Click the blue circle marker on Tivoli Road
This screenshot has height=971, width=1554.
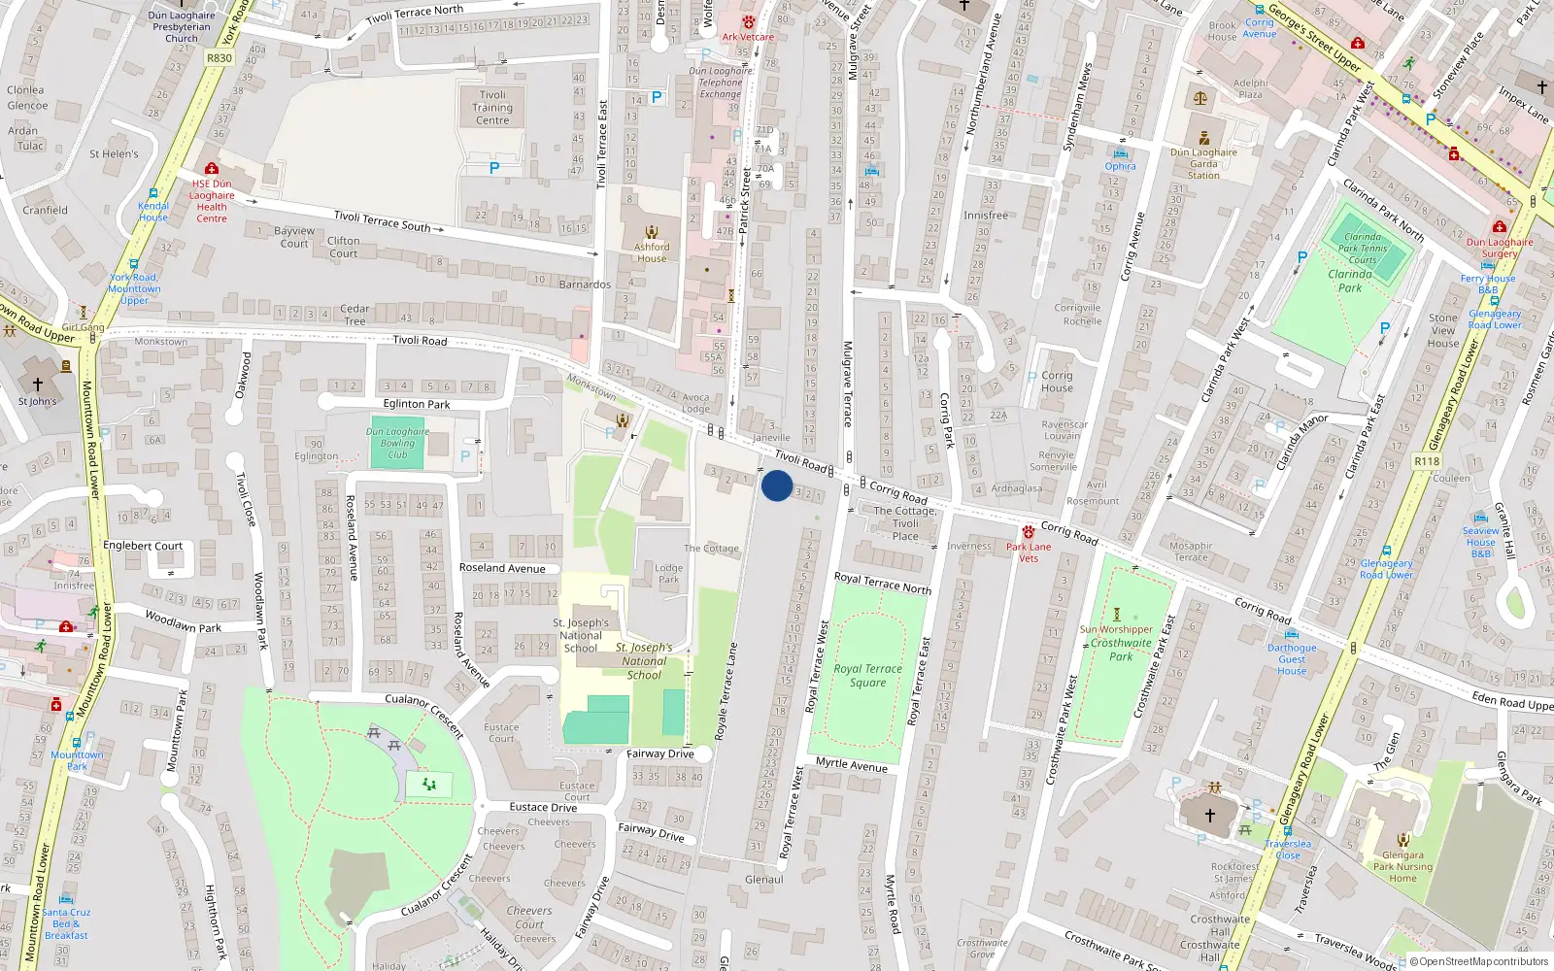coord(777,485)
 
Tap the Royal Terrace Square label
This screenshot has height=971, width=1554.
coord(867,675)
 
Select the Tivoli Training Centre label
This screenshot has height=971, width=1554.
coord(492,108)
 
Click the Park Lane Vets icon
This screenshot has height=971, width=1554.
coord(1028,532)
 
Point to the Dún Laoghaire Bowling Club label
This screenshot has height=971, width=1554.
coord(397,443)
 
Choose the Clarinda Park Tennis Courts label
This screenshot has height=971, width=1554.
coord(1362,248)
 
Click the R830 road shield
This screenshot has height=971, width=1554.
coord(220,58)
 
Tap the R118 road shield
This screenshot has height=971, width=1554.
coord(1427,461)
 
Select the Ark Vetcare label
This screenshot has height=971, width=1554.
coord(748,37)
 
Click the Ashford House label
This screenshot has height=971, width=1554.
coord(652,252)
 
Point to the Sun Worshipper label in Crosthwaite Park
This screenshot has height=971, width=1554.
coord(1116,629)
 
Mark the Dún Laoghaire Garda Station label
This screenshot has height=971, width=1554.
coord(1203,163)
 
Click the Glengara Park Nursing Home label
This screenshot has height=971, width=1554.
coord(1402,867)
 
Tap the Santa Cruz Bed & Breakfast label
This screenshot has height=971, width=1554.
coord(66,923)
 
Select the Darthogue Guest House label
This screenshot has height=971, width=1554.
coord(1292,659)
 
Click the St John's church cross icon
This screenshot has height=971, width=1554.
coord(38,385)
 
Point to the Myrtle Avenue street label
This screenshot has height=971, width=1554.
coord(852,765)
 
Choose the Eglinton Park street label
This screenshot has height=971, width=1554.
coord(417,404)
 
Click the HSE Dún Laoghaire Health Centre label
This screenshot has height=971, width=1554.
coord(212,200)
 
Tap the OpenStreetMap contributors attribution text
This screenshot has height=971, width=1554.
coord(1478,961)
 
